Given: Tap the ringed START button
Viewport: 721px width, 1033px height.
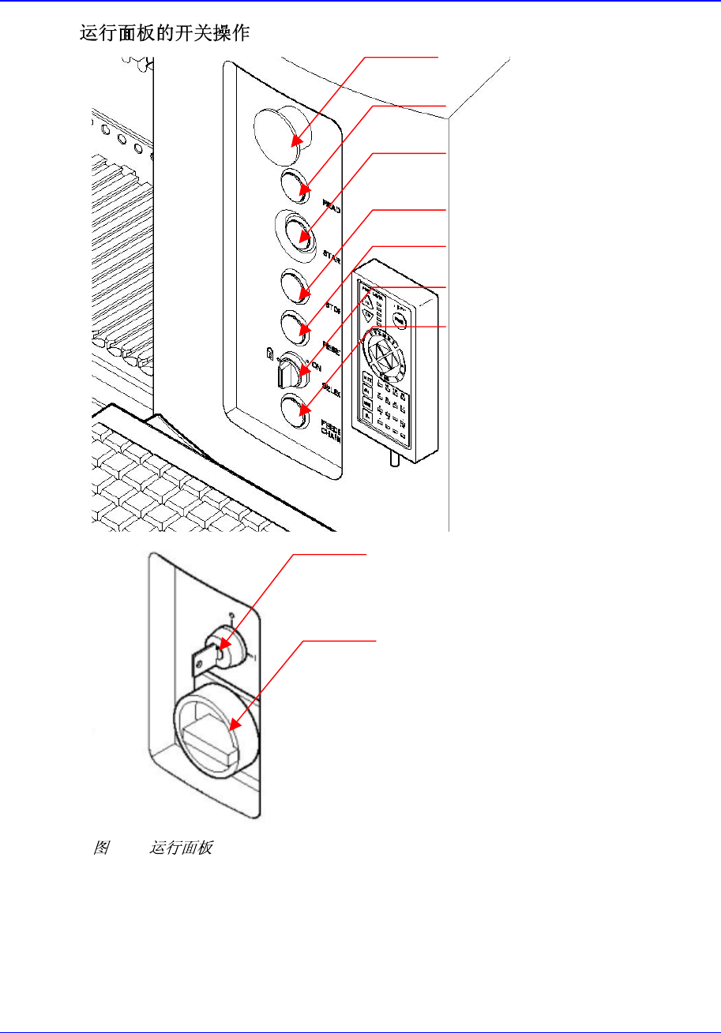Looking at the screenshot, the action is (299, 233).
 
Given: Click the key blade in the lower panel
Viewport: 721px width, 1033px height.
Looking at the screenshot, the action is (203, 656).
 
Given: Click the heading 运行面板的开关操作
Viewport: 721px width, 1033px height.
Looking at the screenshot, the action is (164, 34).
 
